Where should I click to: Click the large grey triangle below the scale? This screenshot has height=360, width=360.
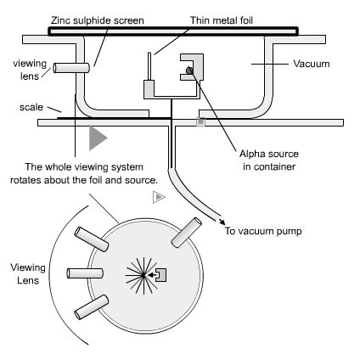point(98,137)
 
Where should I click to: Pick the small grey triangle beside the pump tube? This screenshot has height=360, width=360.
point(157,197)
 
